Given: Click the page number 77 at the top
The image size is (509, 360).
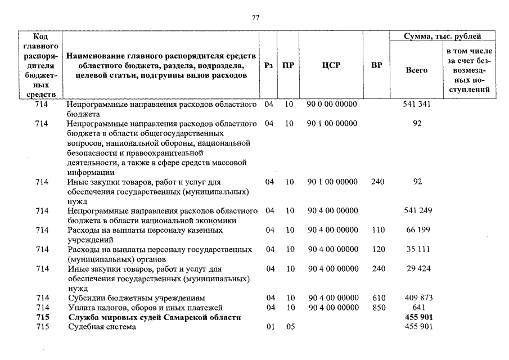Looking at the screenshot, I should (x=255, y=18).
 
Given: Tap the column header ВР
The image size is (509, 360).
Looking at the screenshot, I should (x=376, y=65).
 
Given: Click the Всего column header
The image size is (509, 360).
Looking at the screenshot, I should (x=416, y=70).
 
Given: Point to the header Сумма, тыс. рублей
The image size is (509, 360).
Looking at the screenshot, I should (x=443, y=37).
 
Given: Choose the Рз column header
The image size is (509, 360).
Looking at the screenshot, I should (x=268, y=65).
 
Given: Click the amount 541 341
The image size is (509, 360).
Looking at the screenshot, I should (x=416, y=105).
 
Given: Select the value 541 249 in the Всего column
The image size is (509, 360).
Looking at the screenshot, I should (x=416, y=210).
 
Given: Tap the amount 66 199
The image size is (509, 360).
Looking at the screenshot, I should (x=416, y=230).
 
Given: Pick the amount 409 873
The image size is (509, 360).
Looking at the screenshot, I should (x=416, y=298).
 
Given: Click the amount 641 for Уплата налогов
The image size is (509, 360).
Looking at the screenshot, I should (x=416, y=307).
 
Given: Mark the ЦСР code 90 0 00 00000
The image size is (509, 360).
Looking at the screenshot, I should (x=332, y=105).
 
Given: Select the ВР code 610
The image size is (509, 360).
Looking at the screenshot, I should (x=376, y=298).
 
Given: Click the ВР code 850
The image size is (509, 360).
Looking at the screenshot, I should (x=376, y=307).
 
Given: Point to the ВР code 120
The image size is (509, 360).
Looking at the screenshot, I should (x=376, y=249).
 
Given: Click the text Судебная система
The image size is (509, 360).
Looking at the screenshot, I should (x=101, y=327).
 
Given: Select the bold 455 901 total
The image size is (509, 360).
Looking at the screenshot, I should (x=416, y=317).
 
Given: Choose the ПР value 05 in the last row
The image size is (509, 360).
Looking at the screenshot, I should (x=289, y=327).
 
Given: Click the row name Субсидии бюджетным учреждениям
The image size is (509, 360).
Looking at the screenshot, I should (x=136, y=298).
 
